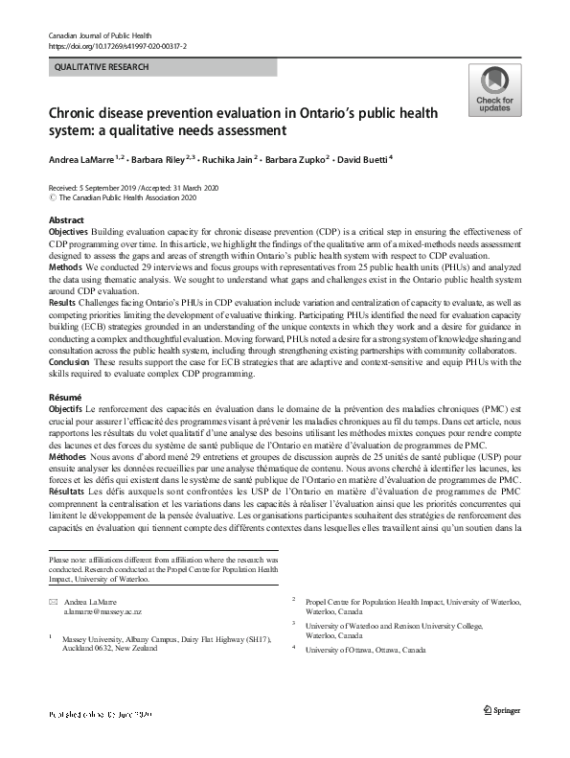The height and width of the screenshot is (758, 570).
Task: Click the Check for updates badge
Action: tap(494, 91)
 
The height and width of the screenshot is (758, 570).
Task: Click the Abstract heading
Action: tap(66, 220)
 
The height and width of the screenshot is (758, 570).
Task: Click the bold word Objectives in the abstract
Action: tap(68, 233)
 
